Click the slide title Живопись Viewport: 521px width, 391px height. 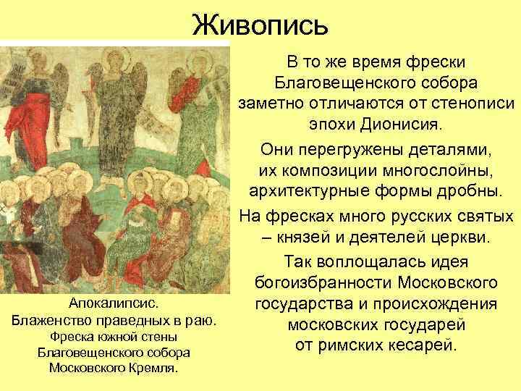point(260,25)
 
